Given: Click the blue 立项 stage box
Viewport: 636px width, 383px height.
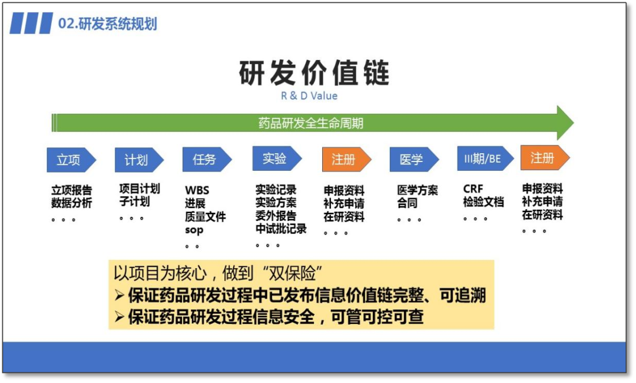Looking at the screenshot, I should tap(69, 160).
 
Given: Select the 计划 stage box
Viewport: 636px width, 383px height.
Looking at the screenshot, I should tap(137, 160).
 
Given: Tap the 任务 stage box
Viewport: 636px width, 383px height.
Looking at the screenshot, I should tap(206, 159).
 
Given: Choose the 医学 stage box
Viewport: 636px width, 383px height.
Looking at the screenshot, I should tap(412, 160).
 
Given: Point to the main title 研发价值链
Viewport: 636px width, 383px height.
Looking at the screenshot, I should tap(314, 73).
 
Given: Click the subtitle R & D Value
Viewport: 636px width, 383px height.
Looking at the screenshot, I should tap(309, 95).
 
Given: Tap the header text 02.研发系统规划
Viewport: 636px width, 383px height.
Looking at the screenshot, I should tap(108, 24).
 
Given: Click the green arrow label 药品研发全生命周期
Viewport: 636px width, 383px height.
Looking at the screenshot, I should tap(310, 123).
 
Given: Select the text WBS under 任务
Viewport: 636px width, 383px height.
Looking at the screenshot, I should tap(197, 190).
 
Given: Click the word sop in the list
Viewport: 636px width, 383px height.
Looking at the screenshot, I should tap(194, 229).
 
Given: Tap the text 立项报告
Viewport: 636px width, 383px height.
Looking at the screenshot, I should tap(71, 190).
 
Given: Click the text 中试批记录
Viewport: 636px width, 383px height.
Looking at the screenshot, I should tap(281, 229).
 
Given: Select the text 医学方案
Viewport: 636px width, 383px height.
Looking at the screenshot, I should tap(418, 190).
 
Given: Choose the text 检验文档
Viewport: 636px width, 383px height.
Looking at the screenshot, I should tap(483, 202).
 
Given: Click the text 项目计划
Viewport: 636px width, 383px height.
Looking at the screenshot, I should tap(140, 189).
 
